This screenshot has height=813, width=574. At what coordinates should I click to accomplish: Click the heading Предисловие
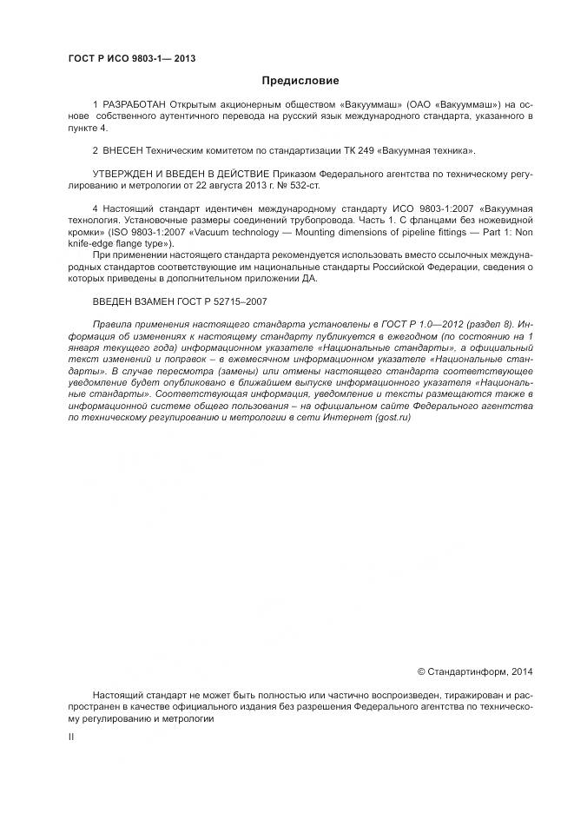pos(300,81)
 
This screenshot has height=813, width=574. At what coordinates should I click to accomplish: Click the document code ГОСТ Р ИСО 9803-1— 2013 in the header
pos(132,59)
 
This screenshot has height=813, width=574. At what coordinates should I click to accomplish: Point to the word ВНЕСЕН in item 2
pos(125,151)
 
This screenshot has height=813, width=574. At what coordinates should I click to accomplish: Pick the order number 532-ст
pos(313,186)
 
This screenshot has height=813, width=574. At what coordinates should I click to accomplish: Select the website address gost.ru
pos(393,418)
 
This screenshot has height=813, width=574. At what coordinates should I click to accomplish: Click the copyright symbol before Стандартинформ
pos(421,671)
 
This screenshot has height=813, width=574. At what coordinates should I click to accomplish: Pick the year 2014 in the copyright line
pos(523,671)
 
